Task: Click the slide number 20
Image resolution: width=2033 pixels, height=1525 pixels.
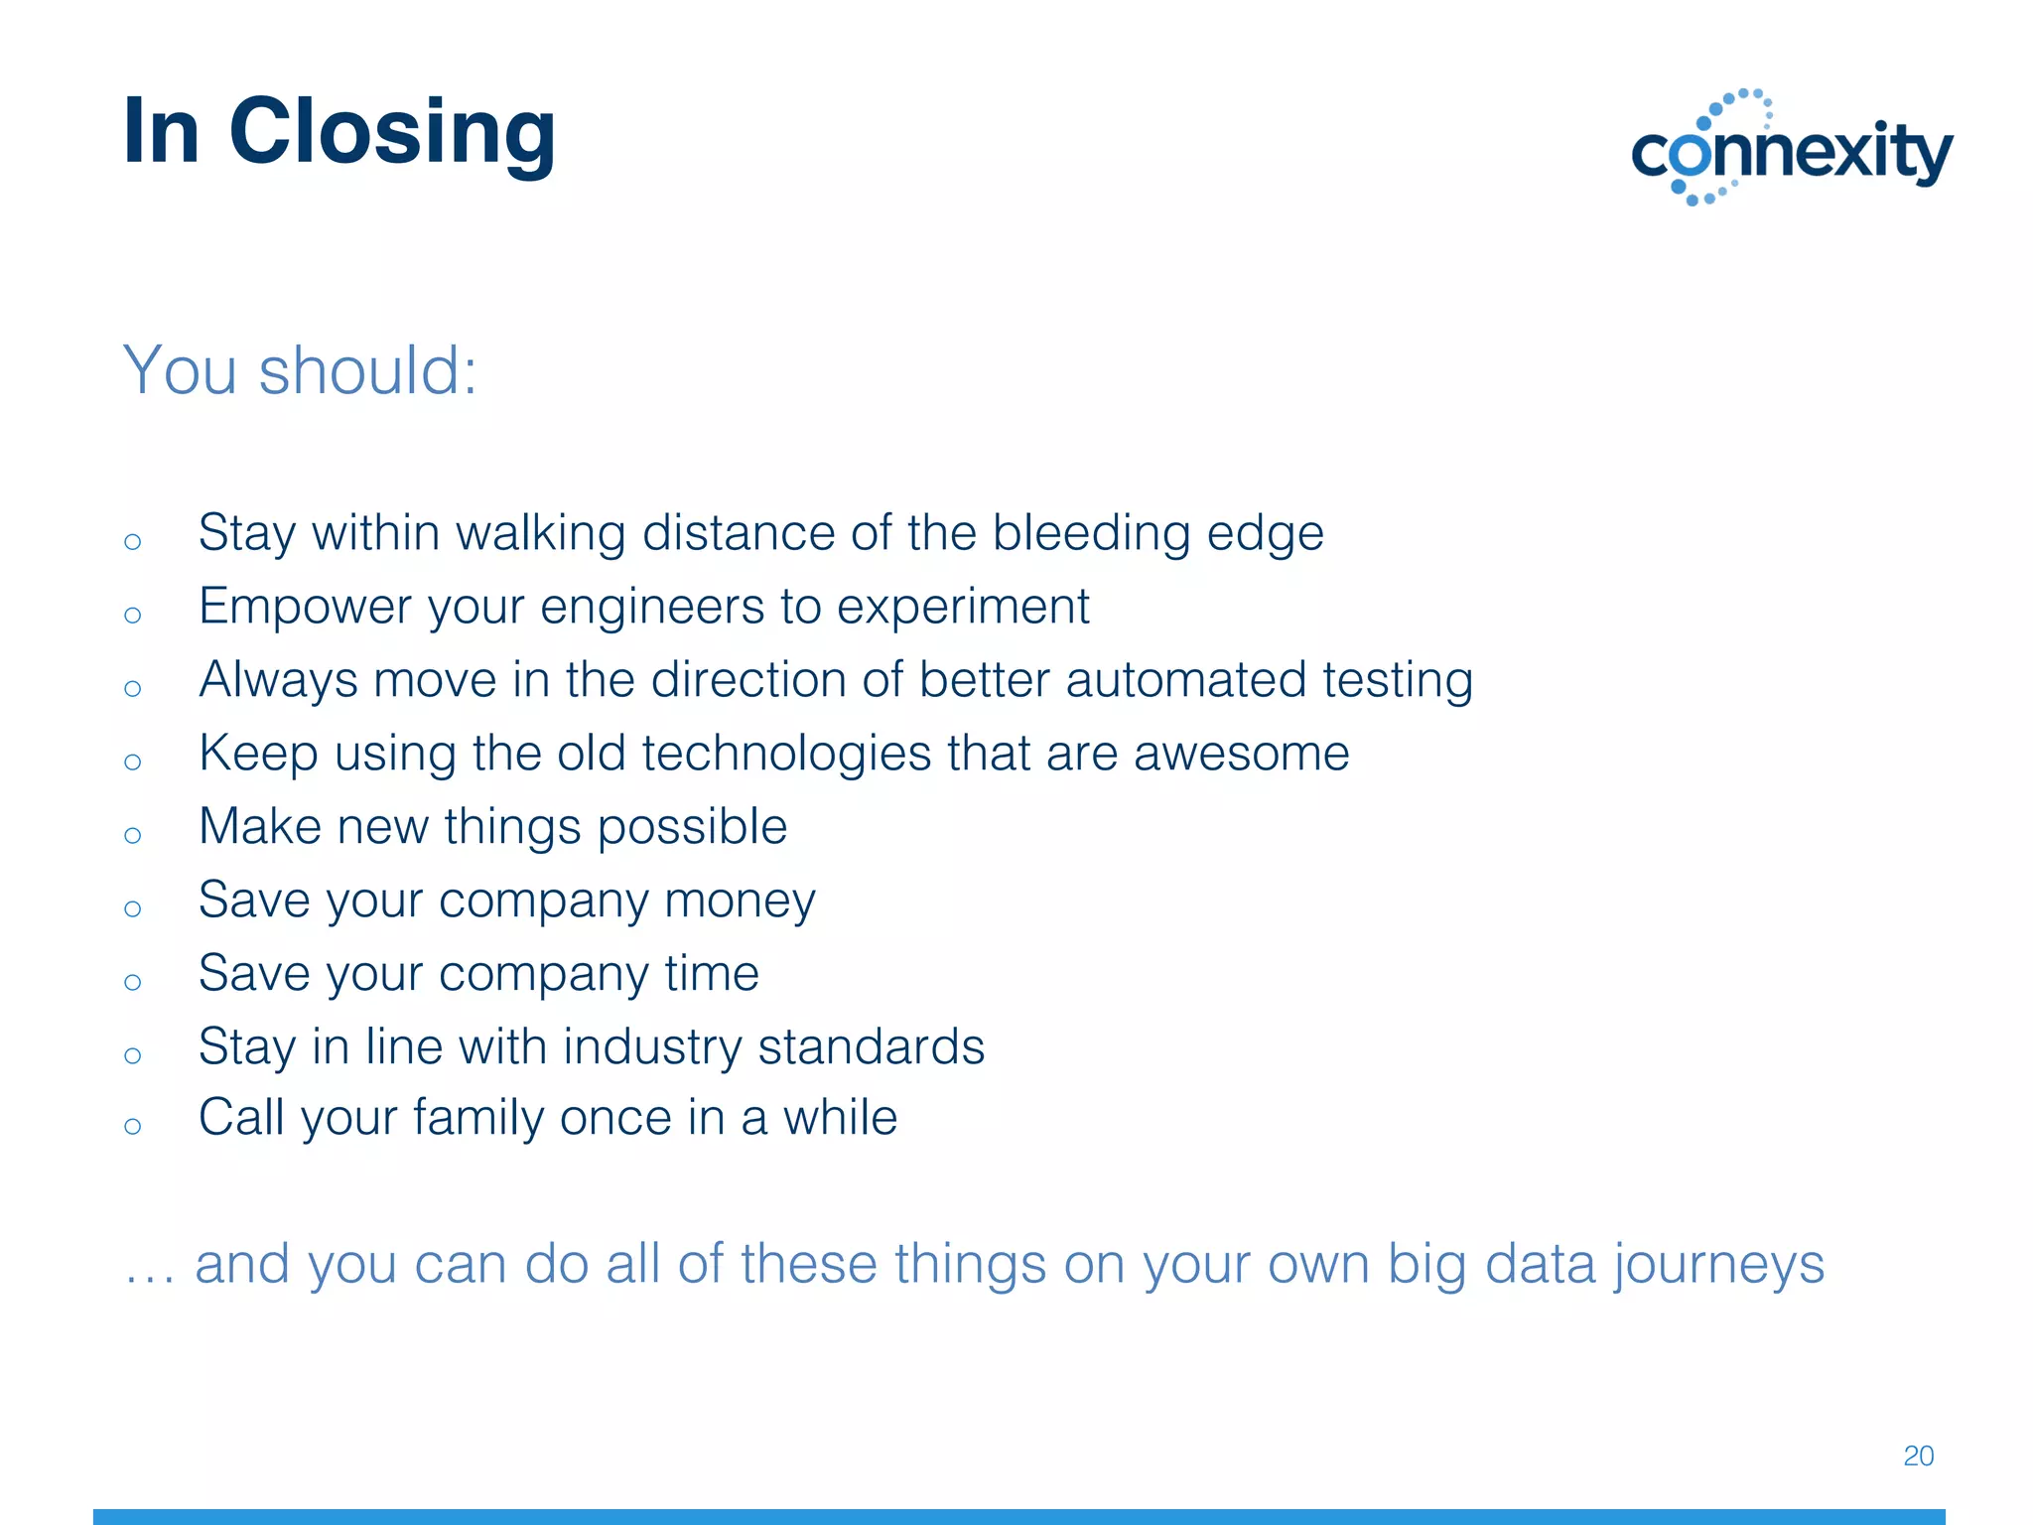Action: (1918, 1456)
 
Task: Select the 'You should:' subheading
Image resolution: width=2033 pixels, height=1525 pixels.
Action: (300, 370)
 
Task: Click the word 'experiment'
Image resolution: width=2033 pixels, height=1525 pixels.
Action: (962, 608)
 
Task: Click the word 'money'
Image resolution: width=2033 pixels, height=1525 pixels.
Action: (740, 901)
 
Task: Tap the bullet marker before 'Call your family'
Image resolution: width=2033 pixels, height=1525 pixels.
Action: (133, 1126)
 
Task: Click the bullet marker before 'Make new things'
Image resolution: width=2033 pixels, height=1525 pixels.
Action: (133, 835)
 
